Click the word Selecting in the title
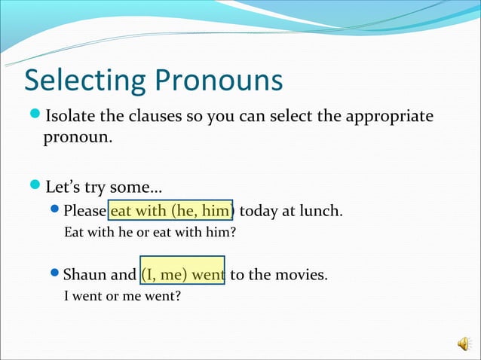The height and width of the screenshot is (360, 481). pyautogui.click(x=85, y=81)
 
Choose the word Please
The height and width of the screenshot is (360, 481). pyautogui.click(x=85, y=211)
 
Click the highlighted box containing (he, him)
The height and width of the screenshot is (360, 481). pyautogui.click(x=171, y=210)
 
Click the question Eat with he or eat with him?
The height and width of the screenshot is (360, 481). pyautogui.click(x=150, y=232)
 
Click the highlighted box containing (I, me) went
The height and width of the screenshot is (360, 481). pyautogui.click(x=182, y=274)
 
